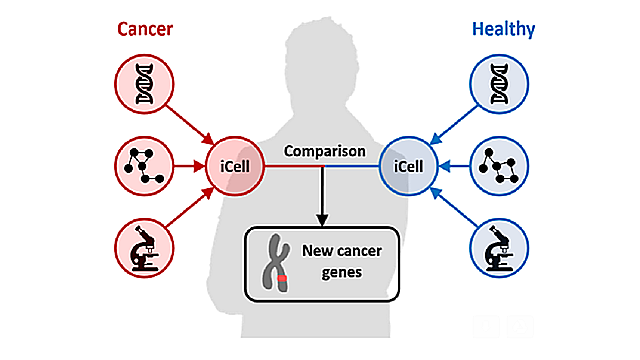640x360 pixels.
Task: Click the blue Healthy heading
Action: [498, 29]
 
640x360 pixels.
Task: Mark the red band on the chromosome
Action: [284, 277]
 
